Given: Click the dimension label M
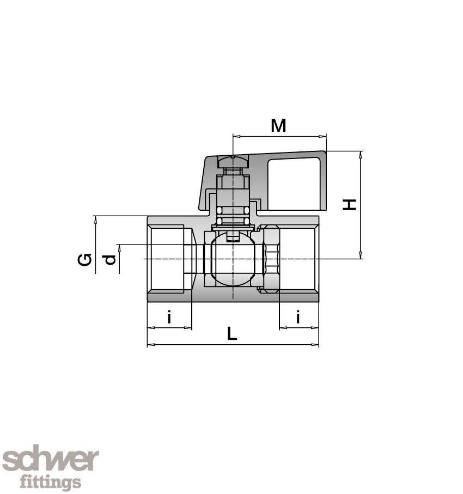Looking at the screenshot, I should pos(278,126).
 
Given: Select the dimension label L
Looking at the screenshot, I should pos(232,333).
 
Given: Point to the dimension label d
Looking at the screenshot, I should pos(111,260).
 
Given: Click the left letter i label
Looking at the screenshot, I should pos(169,316).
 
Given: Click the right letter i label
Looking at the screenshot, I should pos(298,316).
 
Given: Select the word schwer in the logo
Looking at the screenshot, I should pos(50,461).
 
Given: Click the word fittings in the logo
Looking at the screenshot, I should pos(50,482).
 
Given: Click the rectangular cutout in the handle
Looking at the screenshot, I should pos(294,183).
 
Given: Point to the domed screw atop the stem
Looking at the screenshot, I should pos(233,161).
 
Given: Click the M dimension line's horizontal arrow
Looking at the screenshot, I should pos(279,136).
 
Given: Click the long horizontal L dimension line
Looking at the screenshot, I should pos(233,345).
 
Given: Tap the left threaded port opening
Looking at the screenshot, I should pos(169,259).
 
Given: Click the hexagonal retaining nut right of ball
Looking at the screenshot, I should pos(271,259).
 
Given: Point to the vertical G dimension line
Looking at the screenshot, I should pos(95,245).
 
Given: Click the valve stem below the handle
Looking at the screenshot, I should pos(233,196).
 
